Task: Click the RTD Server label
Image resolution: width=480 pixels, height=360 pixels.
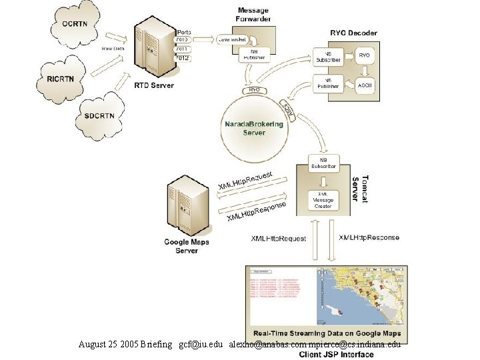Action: click(154, 85)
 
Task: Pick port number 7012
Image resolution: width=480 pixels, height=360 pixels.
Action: click(181, 58)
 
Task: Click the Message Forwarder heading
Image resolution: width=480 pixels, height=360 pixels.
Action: click(253, 15)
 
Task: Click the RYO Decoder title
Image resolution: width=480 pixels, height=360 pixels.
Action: click(353, 33)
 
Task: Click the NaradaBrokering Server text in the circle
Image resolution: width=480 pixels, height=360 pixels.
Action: click(253, 128)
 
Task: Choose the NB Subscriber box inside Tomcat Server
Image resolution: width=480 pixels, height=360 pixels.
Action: click(323, 163)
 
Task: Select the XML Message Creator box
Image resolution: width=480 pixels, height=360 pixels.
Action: click(323, 200)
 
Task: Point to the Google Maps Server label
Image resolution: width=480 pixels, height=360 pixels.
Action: click(187, 246)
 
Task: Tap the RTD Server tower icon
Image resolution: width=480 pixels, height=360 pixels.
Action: click(153, 49)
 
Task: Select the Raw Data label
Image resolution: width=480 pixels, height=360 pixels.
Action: click(112, 49)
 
